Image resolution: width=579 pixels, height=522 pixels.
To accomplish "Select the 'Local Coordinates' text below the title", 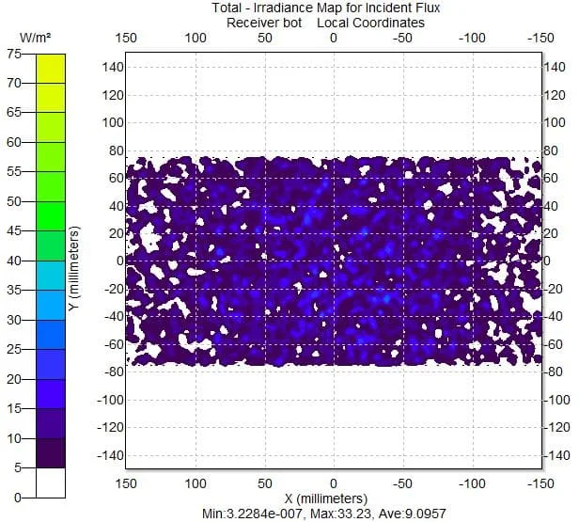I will pyautogui.click(x=370, y=23).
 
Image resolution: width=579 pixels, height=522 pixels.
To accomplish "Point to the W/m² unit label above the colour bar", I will pyautogui.click(x=38, y=37).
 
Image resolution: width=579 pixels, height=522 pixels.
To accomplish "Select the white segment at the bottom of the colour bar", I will pyautogui.click(x=51, y=482).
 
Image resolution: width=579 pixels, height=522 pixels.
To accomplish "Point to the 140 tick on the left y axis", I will pyautogui.click(x=113, y=67).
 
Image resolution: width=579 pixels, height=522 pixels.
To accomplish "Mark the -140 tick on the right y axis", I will pyautogui.click(x=556, y=455).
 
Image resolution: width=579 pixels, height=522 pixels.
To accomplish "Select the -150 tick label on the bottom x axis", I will pyautogui.click(x=540, y=483).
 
